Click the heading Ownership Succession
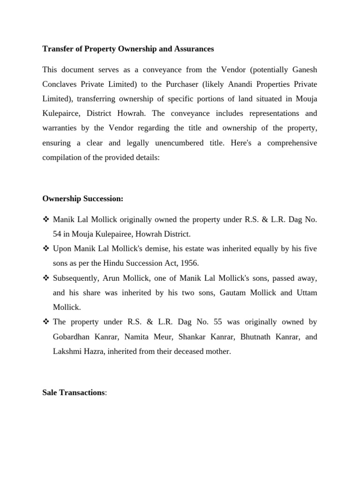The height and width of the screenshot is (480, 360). point(82,199)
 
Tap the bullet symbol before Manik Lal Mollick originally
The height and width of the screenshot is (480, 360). point(46,219)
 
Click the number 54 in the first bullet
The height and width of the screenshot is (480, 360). point(57,234)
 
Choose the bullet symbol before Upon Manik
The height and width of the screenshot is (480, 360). point(46,249)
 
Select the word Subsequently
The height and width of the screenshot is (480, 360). point(74,278)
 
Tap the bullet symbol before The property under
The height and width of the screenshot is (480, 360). point(46,322)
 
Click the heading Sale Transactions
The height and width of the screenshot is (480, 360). point(74,392)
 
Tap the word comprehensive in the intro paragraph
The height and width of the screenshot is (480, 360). point(292,143)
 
